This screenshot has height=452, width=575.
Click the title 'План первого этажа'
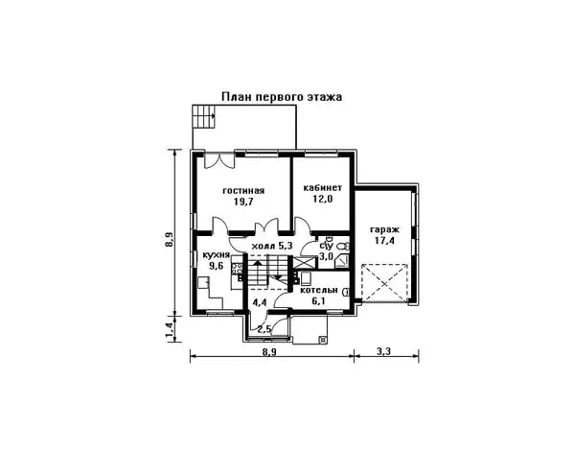coord(282,97)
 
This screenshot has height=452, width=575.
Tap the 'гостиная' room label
coord(243,191)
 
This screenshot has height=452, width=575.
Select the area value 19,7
coord(243,202)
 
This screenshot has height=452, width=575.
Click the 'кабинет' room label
coord(323,188)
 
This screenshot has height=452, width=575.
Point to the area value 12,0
coord(323,199)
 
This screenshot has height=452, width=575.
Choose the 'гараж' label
coord(384,230)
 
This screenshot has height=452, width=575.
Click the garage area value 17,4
coord(384,241)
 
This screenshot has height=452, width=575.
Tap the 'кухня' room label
coord(216,255)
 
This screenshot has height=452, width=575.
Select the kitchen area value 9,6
coord(216,266)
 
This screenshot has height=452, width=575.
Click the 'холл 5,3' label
coord(272,246)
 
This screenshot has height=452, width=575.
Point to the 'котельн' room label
coord(319,290)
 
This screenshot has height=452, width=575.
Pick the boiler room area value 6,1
coord(318,301)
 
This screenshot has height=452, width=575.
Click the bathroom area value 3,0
coord(325,256)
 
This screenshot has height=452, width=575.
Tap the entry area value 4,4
coord(260,302)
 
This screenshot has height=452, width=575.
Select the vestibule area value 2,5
coord(264,329)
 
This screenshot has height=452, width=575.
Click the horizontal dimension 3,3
coord(383,351)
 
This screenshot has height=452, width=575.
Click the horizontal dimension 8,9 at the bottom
coord(269,351)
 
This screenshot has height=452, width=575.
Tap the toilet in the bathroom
coord(343,246)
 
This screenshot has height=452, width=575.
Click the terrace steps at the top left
coord(204,116)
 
